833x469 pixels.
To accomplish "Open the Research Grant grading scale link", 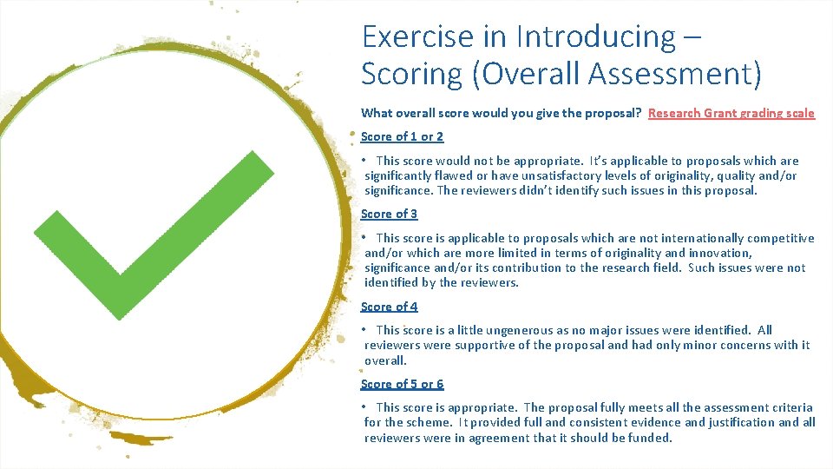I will [x=731, y=113].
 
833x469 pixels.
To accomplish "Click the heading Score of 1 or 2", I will [x=402, y=136].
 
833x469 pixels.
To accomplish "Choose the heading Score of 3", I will [x=389, y=214].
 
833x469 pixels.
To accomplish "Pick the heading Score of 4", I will [x=389, y=307].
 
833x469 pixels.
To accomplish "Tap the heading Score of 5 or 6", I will [x=402, y=384].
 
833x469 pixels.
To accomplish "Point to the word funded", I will [x=650, y=438].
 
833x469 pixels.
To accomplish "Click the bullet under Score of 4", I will [x=366, y=330].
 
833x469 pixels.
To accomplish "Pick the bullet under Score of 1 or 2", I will [x=366, y=161].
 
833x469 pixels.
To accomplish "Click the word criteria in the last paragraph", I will [x=790, y=407].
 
